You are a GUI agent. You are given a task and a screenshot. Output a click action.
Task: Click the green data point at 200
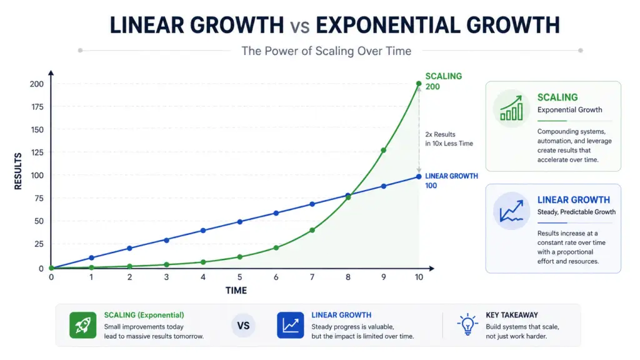click(419, 84)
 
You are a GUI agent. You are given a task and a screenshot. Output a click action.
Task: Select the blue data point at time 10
click(419, 176)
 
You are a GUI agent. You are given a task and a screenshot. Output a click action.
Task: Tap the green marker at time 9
click(383, 150)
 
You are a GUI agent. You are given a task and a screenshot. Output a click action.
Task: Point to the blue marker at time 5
click(239, 222)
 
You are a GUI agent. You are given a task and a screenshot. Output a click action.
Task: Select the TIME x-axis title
click(236, 291)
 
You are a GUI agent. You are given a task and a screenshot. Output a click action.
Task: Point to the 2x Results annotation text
click(441, 134)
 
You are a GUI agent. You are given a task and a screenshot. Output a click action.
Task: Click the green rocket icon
click(82, 325)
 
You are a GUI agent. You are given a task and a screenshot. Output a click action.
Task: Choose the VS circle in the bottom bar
click(244, 326)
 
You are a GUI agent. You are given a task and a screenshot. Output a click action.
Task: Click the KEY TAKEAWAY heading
click(511, 315)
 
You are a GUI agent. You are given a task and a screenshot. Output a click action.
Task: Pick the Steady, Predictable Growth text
click(576, 212)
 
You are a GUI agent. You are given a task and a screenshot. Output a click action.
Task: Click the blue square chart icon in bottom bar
click(290, 325)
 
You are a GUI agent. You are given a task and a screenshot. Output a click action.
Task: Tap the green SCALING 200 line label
click(443, 81)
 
